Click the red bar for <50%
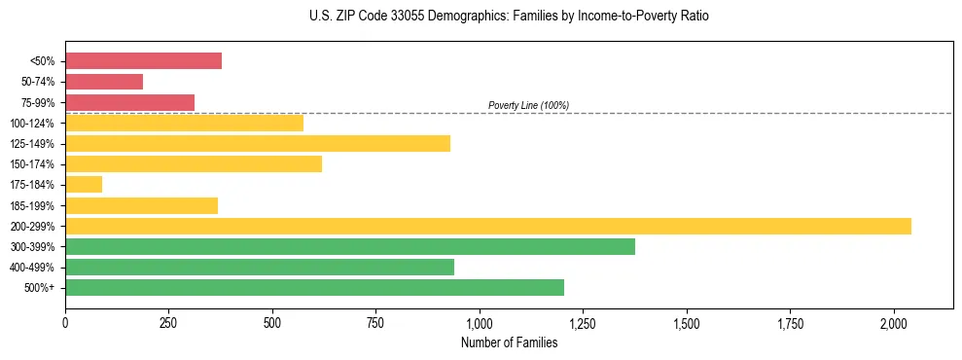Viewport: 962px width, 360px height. tap(143, 61)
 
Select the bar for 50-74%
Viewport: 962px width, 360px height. tap(104, 82)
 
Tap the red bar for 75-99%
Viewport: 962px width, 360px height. tap(129, 102)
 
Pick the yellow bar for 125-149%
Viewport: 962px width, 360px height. tap(258, 144)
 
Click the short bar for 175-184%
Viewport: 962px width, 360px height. tap(84, 185)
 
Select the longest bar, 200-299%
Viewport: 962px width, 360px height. tap(488, 226)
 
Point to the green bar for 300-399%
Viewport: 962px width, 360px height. tap(350, 247)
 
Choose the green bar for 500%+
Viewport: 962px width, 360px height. tap(314, 288)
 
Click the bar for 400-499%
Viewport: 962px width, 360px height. tap(260, 268)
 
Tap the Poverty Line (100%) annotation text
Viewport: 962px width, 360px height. tap(528, 105)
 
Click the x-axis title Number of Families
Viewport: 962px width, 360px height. tap(509, 342)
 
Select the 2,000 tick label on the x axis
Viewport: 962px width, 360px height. tap(894, 323)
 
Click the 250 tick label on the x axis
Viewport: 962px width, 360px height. tap(168, 323)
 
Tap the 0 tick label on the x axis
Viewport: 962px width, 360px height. tap(65, 323)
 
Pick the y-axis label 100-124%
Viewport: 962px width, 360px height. tap(32, 124)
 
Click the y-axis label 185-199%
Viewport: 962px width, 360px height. tap(32, 206)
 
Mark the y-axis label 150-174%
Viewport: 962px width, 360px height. tap(32, 164)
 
